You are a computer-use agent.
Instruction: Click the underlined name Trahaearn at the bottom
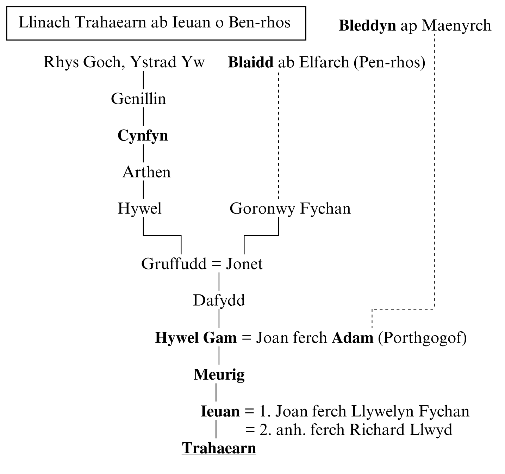pyautogui.click(x=219, y=448)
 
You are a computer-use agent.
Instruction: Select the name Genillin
pyautogui.click(x=138, y=99)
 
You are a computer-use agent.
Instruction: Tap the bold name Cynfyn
pyautogui.click(x=143, y=136)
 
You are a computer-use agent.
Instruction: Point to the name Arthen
pyautogui.click(x=146, y=172)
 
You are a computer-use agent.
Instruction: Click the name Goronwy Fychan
pyautogui.click(x=290, y=208)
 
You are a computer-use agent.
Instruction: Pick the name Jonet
pyautogui.click(x=244, y=264)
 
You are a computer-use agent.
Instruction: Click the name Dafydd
pyautogui.click(x=219, y=300)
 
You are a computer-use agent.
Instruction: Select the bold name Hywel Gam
pyautogui.click(x=196, y=338)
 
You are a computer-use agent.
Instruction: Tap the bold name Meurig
pyautogui.click(x=219, y=374)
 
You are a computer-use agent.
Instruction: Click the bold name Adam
pyautogui.click(x=353, y=338)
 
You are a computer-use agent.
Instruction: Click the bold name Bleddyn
pyautogui.click(x=367, y=25)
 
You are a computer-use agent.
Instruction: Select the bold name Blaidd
pyautogui.click(x=250, y=62)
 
